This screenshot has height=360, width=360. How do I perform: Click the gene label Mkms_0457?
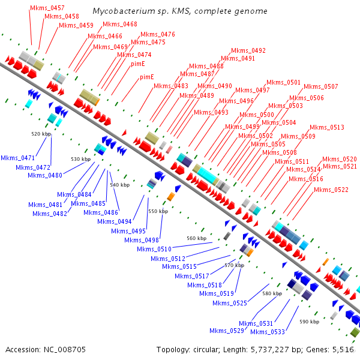47,8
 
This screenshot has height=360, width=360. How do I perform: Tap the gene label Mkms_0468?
120,25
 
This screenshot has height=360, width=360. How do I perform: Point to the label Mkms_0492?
248,51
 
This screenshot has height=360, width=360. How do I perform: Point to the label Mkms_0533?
267,332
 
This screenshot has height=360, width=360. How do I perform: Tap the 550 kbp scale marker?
158,212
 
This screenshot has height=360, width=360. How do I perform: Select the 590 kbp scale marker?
310,322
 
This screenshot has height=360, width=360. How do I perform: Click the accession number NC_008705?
46,349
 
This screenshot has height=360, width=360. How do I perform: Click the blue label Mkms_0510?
154,250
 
